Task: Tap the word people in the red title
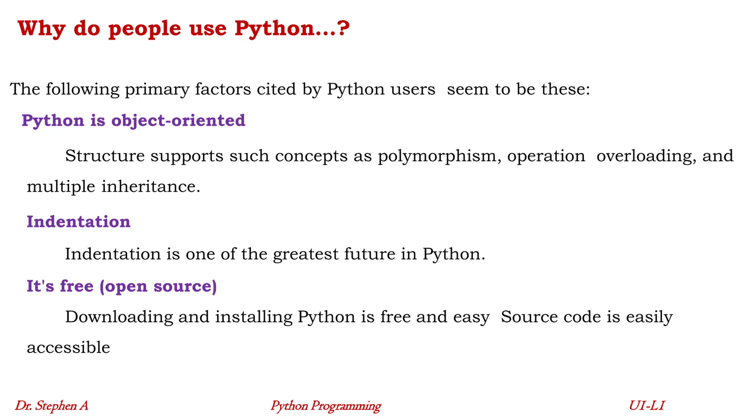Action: pyautogui.click(x=144, y=29)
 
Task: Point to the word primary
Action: pyautogui.click(x=157, y=90)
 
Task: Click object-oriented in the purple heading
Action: pyautogui.click(x=178, y=120)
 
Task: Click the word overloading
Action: pyautogui.click(x=646, y=156)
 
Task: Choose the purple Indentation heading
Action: pyautogui.click(x=78, y=221)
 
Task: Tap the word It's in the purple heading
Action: pyautogui.click(x=40, y=286)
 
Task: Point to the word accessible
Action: pyautogui.click(x=68, y=348)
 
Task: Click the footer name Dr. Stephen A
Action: pyautogui.click(x=52, y=405)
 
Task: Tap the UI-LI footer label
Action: pyautogui.click(x=646, y=405)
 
